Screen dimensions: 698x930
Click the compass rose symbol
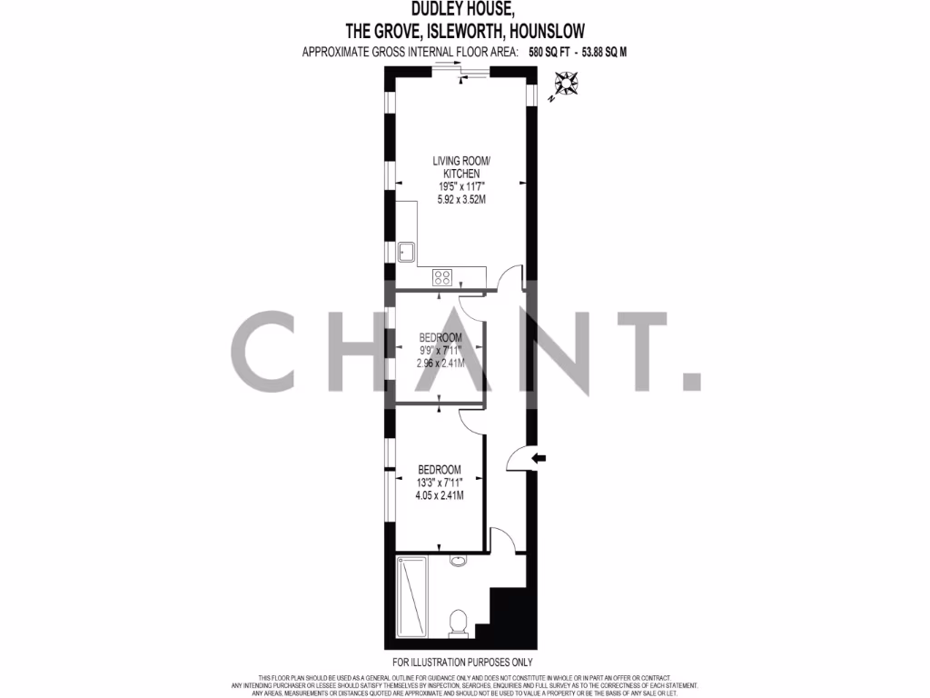(569, 85)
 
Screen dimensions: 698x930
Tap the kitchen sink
(406, 251)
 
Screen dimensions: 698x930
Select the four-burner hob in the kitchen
(444, 278)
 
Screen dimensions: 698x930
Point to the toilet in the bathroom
(459, 623)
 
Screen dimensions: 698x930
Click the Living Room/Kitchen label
(455, 167)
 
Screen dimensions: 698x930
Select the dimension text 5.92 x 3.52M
(456, 200)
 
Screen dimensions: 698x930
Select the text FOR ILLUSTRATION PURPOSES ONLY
(463, 663)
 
